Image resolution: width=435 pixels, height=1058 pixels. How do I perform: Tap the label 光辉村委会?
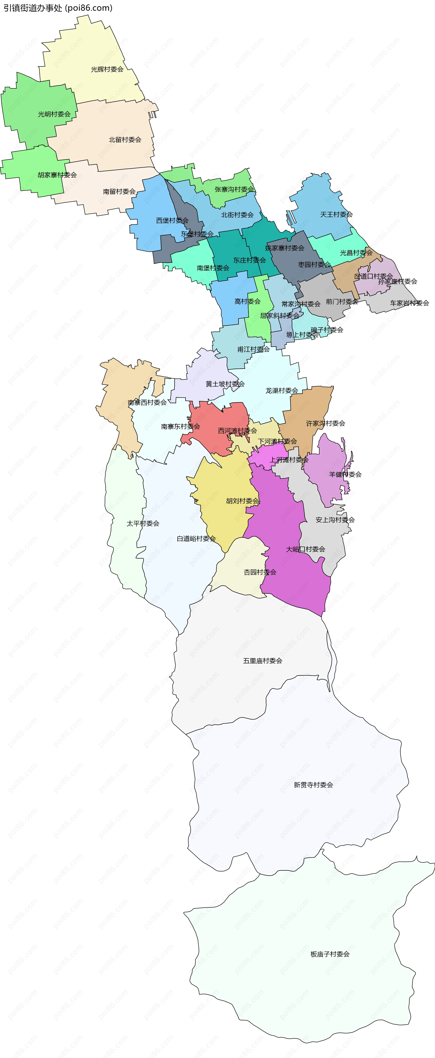tap(107, 69)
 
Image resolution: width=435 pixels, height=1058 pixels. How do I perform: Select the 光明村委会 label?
tap(54, 114)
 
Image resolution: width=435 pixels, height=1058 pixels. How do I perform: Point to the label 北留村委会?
tap(125, 140)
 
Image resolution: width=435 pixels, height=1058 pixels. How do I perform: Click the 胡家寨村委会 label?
tap(57, 175)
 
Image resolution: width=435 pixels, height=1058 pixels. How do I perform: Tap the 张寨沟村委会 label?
tap(234, 189)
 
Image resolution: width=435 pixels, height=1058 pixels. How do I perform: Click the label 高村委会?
tap(247, 301)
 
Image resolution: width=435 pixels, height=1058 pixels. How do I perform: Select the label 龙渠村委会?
tap(282, 391)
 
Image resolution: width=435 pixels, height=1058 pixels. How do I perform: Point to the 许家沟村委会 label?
tap(325, 423)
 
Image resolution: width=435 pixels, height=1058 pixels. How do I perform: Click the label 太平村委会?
tap(143, 524)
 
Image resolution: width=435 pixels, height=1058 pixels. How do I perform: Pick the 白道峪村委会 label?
tap(196, 538)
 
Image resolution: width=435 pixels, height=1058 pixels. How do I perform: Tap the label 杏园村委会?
tap(260, 572)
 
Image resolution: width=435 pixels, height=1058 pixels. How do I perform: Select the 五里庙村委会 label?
tap(263, 661)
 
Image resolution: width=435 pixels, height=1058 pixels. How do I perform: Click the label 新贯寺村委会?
tap(313, 785)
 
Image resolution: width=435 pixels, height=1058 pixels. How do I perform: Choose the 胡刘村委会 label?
tap(243, 501)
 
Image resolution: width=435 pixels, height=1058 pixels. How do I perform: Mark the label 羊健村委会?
tap(345, 474)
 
